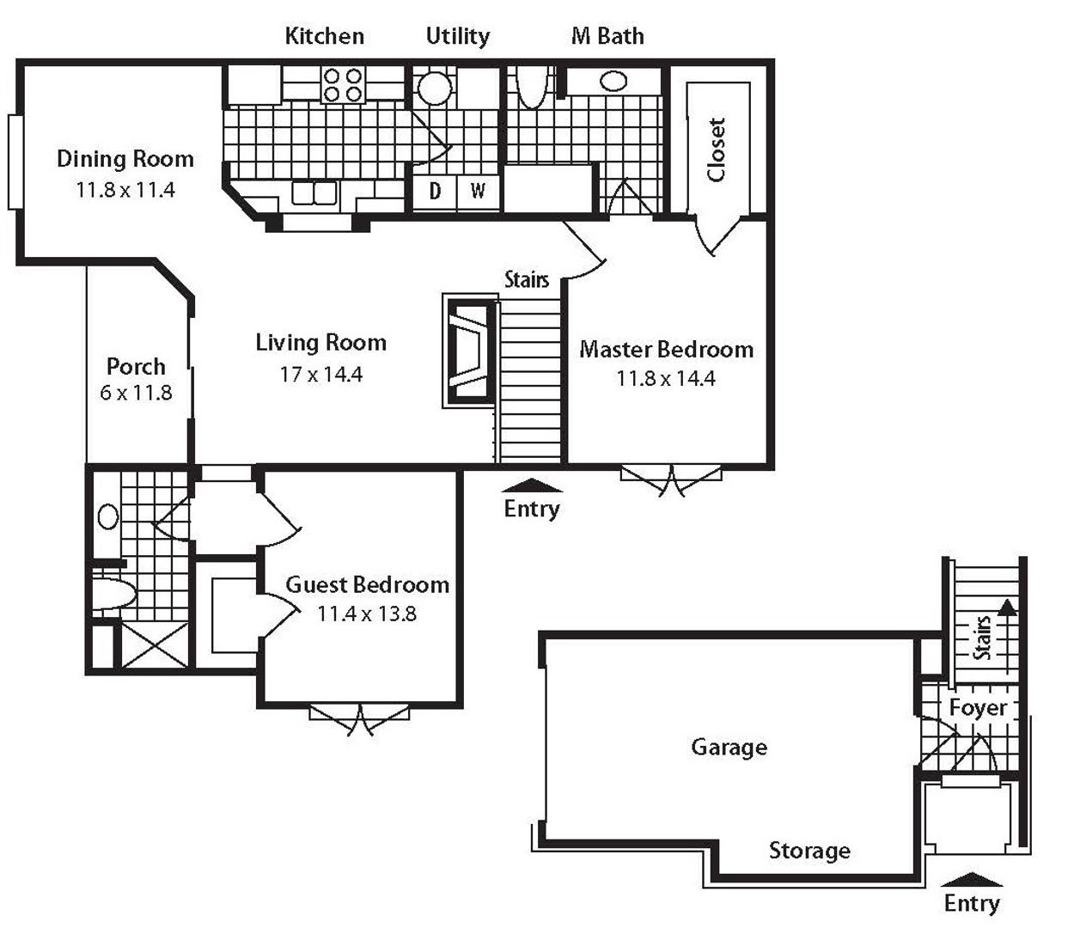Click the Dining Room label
coord(125,159)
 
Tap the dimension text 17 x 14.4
coord(320,375)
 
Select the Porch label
coord(136,367)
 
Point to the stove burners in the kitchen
coord(343,85)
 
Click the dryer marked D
coord(435,192)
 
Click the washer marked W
coord(478,192)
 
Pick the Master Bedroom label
coord(666,350)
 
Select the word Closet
coord(716,150)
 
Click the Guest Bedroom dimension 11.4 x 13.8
coord(367,614)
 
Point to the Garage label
coord(729,748)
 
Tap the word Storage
coord(809,851)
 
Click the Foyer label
coord(978,707)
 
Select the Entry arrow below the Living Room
coord(532,485)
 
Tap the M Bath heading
coord(607,36)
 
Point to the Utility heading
coord(458,36)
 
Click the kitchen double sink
coord(314,192)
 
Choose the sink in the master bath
coord(613,82)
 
